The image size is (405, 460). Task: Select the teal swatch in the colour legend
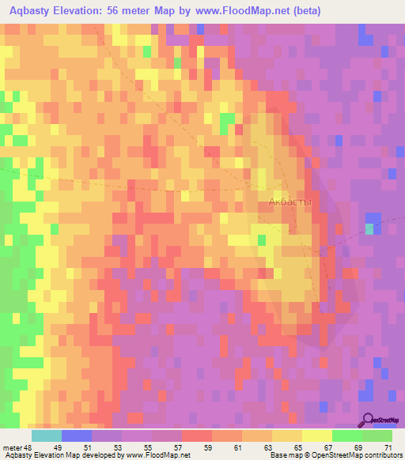click(47, 435)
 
